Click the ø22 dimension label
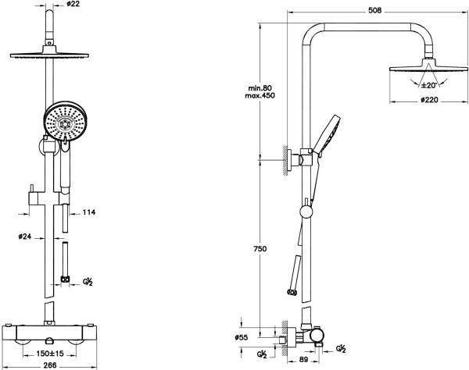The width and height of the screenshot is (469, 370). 73,4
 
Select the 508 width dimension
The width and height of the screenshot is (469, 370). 375,10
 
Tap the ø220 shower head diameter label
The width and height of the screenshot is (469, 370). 429,99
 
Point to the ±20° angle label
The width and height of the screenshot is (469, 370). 428,85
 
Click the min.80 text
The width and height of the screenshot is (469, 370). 260,88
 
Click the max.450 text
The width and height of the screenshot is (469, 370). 260,95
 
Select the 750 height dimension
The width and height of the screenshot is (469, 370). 260,248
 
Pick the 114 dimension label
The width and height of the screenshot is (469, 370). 88,212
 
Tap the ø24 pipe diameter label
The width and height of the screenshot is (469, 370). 24,237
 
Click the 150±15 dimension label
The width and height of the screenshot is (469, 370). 50,354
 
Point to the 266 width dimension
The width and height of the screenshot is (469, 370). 50,365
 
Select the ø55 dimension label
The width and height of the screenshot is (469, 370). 242,337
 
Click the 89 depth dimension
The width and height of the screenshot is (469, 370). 303,360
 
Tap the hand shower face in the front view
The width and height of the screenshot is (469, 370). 66,122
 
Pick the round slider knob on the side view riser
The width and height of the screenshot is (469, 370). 306,212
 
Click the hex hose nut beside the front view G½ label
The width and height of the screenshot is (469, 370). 65,279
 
